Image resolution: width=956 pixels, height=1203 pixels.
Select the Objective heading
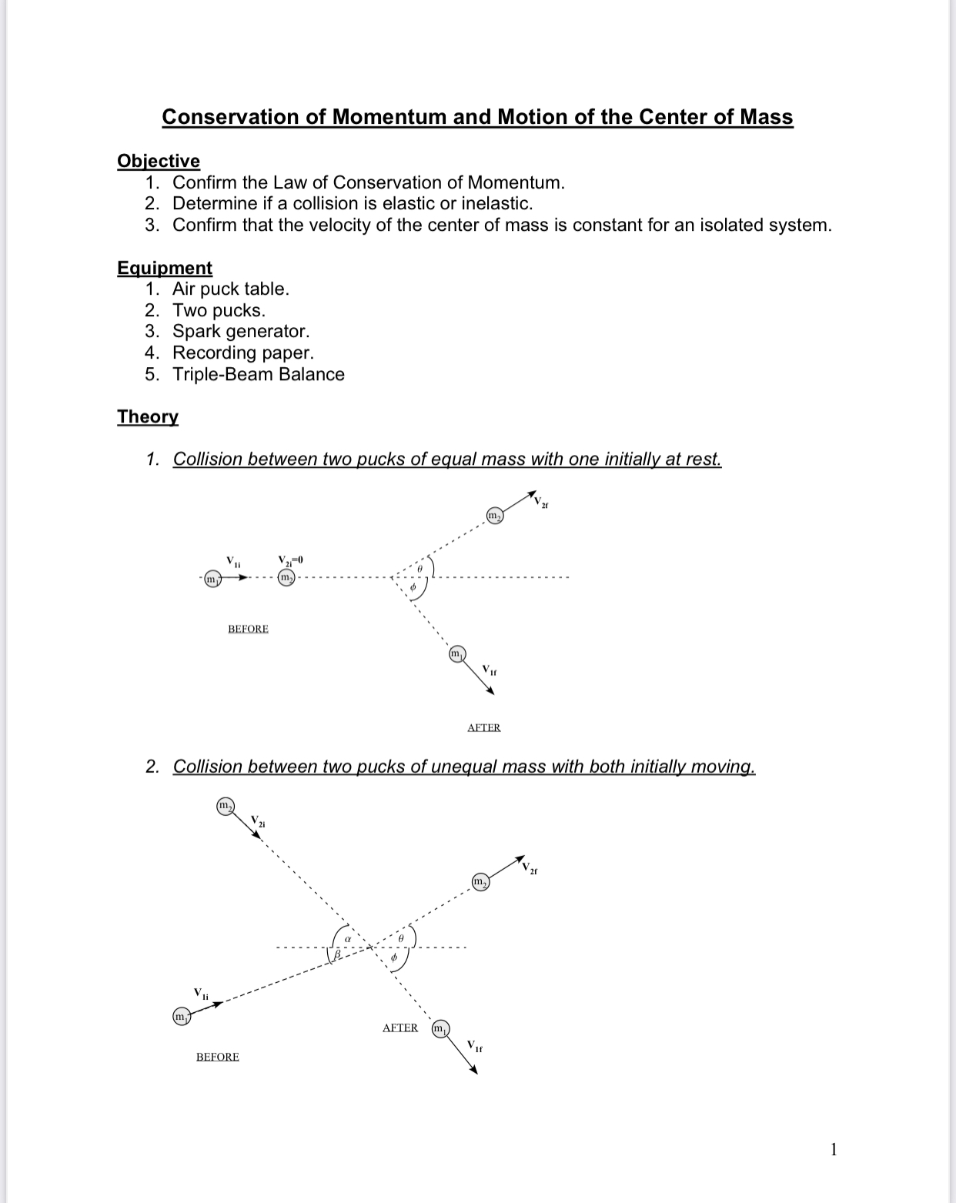click(158, 161)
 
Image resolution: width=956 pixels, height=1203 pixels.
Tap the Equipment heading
click(164, 268)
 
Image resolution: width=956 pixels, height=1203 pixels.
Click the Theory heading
click(147, 416)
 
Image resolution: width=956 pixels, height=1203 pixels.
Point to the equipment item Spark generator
click(240, 332)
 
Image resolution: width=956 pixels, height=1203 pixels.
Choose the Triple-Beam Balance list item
click(258, 375)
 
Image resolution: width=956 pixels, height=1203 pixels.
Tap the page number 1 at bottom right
click(834, 1150)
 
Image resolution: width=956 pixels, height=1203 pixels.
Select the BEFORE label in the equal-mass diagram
click(248, 629)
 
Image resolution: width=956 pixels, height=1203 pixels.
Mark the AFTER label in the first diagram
click(483, 727)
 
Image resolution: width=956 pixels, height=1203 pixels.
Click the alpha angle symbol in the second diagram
click(347, 939)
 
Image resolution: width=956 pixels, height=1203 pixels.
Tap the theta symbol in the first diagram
click(420, 568)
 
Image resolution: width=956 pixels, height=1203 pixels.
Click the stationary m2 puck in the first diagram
click(286, 577)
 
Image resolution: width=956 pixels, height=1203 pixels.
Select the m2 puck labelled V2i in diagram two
click(225, 807)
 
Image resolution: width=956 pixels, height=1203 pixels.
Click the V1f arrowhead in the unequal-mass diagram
click(474, 1070)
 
